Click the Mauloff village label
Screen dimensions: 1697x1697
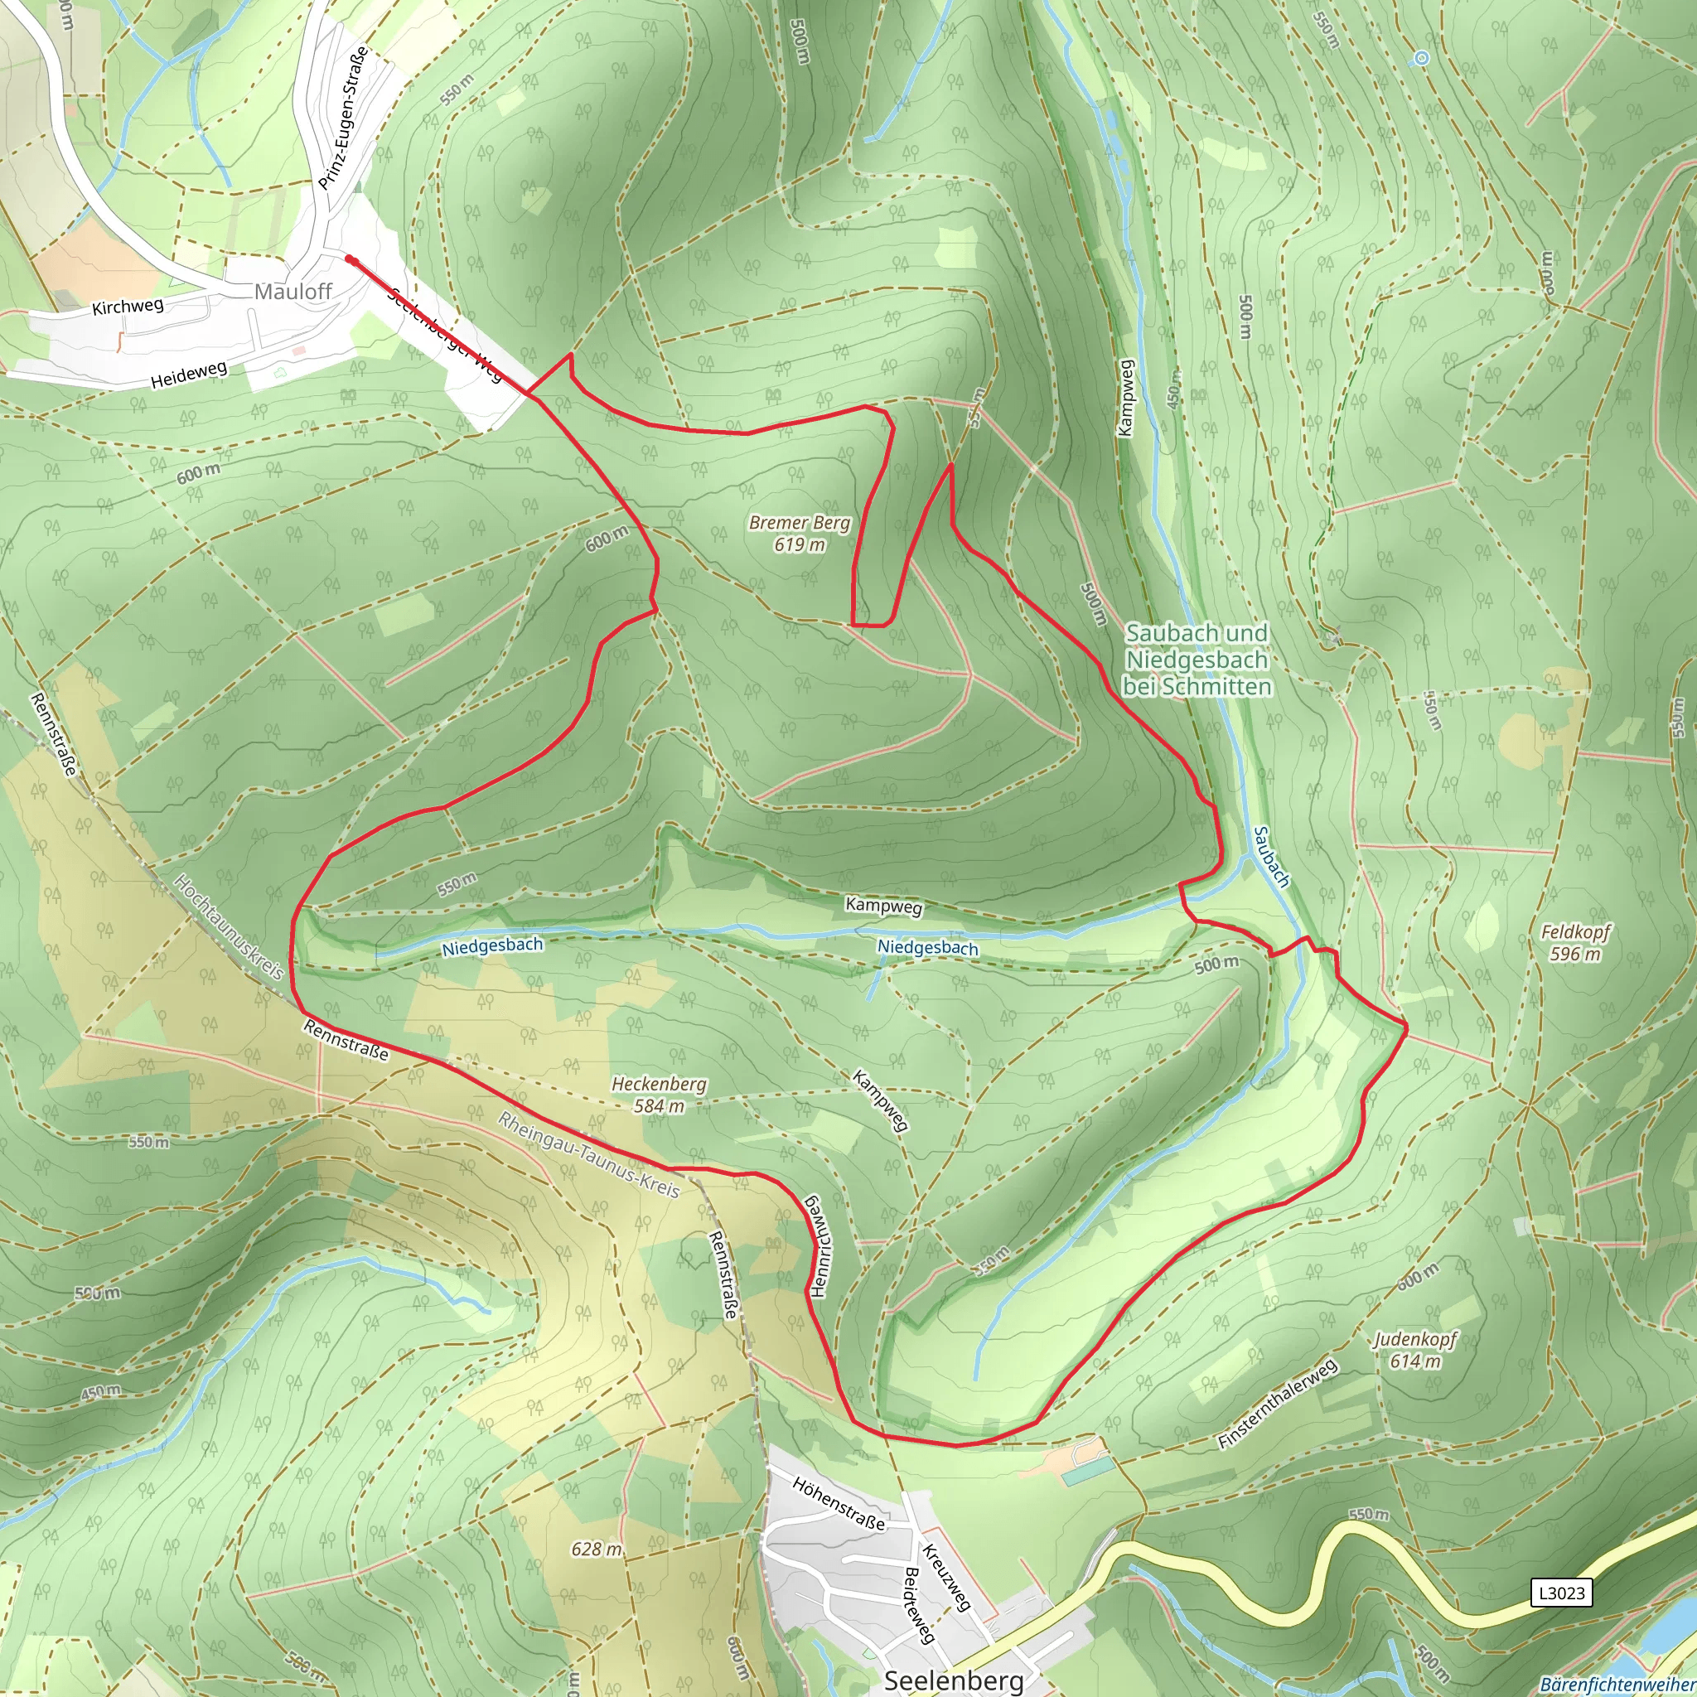coord(293,292)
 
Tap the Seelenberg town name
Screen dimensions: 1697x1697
coord(953,1680)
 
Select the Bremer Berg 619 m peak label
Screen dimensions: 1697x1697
coord(800,533)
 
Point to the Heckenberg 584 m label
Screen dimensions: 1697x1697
coord(659,1095)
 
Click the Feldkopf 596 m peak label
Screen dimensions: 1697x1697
coord(1576,942)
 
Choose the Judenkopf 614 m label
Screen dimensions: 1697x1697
coord(1415,1350)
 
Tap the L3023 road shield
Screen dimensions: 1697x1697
coord(1561,1593)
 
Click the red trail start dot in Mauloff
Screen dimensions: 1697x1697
coord(350,259)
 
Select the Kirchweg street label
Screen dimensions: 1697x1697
coord(128,307)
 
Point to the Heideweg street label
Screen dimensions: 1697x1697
coord(189,375)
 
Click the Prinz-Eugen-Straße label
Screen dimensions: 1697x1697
coord(342,118)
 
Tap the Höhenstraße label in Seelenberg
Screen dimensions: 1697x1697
coord(838,1503)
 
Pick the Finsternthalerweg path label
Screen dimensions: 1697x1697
coord(1277,1404)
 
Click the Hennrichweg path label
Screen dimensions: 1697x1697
coord(818,1245)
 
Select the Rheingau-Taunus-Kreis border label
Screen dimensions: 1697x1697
coord(588,1155)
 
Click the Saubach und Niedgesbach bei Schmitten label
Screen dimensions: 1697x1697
coord(1197,659)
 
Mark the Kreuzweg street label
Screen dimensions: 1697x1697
coord(946,1578)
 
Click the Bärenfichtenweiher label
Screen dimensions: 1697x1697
coord(1618,1685)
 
